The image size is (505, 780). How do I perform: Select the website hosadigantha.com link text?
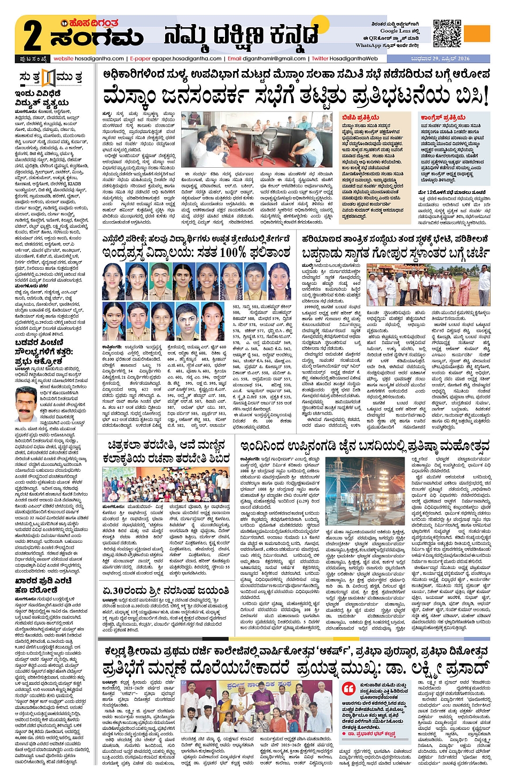(89, 59)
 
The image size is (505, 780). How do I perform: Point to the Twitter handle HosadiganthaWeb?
(353, 59)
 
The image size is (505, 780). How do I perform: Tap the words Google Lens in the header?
(395, 31)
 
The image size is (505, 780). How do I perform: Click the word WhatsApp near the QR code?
(368, 45)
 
